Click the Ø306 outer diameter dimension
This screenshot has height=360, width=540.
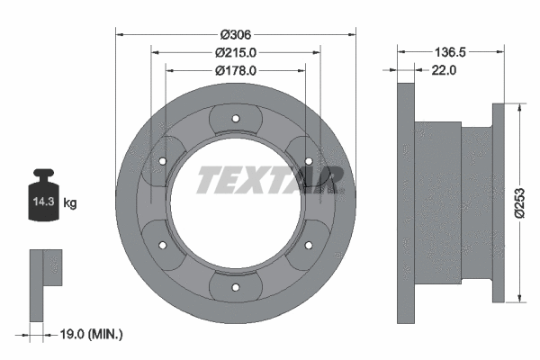click(x=236, y=34)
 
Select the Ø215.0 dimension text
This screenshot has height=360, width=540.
click(x=236, y=52)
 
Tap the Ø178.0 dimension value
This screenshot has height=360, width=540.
click(x=236, y=69)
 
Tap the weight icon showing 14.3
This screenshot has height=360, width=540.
click(x=42, y=193)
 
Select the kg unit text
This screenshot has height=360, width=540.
click(x=70, y=203)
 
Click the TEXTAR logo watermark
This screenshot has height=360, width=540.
click(x=268, y=180)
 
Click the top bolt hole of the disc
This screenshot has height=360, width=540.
click(x=235, y=117)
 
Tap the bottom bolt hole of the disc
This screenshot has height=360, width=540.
click(x=235, y=288)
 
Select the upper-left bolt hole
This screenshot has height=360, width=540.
click(x=161, y=160)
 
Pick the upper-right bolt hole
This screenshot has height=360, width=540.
click(x=309, y=160)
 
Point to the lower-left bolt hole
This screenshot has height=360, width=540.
click(x=161, y=245)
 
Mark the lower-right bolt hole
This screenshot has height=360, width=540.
click(x=309, y=245)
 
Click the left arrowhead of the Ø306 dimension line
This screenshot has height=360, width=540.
click(x=121, y=34)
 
